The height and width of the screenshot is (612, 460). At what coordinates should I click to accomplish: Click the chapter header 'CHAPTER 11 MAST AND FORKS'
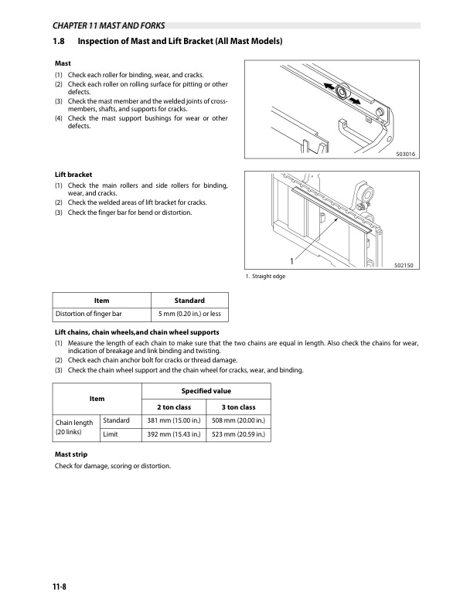(108, 25)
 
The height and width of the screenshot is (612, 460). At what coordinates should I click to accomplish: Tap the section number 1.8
(59, 41)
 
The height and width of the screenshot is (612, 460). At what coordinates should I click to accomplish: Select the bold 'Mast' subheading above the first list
(63, 63)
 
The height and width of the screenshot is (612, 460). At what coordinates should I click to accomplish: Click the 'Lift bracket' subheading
(73, 175)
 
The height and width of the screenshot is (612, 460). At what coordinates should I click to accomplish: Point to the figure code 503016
(405, 155)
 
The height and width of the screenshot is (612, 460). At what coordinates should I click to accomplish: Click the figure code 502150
(404, 265)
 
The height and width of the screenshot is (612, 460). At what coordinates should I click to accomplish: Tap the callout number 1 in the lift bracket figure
(291, 261)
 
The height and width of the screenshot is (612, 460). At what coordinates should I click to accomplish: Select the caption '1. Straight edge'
(265, 277)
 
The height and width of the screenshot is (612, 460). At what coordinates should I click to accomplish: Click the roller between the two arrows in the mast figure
(342, 92)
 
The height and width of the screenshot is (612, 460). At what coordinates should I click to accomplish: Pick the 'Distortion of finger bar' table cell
(89, 314)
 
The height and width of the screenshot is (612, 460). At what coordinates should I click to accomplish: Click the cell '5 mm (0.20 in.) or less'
(189, 314)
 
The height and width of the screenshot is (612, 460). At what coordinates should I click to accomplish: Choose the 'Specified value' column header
(206, 391)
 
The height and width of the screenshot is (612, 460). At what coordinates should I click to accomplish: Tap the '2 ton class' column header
(174, 407)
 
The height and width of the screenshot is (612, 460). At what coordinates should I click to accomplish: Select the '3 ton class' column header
(238, 407)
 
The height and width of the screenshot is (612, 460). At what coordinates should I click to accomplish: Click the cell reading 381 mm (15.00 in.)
(174, 420)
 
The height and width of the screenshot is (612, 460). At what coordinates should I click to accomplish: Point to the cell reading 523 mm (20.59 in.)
(238, 434)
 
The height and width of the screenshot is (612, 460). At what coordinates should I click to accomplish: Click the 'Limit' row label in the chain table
(111, 434)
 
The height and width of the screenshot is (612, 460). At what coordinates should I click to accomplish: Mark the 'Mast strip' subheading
(71, 454)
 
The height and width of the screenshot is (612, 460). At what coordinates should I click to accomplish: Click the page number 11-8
(60, 586)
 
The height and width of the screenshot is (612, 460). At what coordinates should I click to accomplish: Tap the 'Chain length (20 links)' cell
(74, 427)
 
